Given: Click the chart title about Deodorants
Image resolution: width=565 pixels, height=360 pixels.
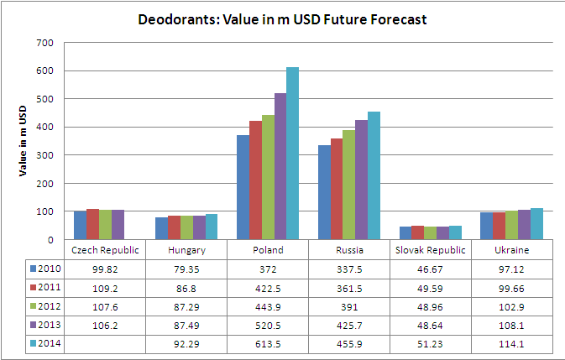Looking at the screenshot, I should click(x=282, y=19).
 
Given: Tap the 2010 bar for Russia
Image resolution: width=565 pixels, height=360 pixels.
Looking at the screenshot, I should click(x=324, y=192).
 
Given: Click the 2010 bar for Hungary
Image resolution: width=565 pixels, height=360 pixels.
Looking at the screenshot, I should click(x=162, y=228).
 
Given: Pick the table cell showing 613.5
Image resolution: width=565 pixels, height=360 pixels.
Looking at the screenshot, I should click(x=269, y=343).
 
